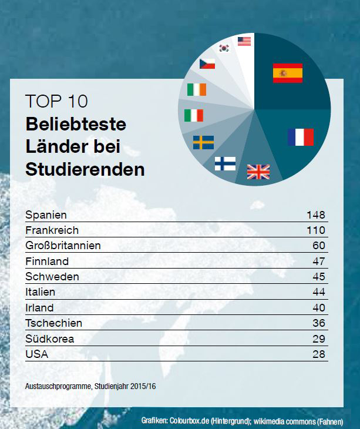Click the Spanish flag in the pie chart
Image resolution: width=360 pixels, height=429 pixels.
[x=287, y=73]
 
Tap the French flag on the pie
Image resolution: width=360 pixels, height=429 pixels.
[x=301, y=137]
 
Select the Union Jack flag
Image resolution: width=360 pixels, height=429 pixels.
[x=258, y=171]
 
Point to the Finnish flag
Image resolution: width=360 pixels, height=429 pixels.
[x=225, y=163]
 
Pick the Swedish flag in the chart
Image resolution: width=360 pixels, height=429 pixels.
[x=203, y=142]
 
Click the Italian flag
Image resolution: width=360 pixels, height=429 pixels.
[x=193, y=115]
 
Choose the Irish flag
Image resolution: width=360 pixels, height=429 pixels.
[x=197, y=89]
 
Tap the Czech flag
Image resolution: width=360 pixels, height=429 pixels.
[x=207, y=63]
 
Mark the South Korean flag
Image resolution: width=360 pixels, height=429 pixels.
[x=224, y=48]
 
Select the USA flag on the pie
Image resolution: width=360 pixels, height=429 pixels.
[x=244, y=41]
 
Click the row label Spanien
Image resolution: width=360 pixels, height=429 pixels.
[x=46, y=215]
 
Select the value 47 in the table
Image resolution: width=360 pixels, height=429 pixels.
[x=318, y=261]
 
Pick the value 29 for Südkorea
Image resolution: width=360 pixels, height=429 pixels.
[x=318, y=339]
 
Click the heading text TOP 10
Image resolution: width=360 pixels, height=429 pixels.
[x=56, y=101]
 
